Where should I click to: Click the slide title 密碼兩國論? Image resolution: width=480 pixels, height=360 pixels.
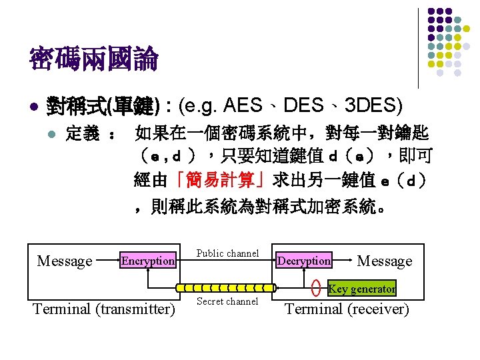(93, 60)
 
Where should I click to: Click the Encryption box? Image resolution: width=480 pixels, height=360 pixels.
(148, 261)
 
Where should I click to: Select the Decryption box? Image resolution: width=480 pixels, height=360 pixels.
(304, 261)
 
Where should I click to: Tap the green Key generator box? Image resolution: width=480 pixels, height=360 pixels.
(362, 289)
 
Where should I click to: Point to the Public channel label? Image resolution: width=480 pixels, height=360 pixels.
(227, 253)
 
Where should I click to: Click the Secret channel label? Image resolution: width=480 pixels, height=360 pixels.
(227, 302)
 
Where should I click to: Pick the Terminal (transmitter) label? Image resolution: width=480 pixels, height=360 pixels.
(103, 309)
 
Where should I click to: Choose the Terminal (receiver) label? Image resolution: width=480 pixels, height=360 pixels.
(347, 309)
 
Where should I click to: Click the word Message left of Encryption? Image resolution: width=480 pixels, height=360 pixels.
(65, 261)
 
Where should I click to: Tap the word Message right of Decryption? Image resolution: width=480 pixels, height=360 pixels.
(385, 261)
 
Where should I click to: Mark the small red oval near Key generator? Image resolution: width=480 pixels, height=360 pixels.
(316, 288)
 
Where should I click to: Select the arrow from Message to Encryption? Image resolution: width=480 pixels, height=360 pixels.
(107, 261)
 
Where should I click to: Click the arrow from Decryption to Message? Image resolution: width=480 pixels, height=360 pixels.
(344, 261)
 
